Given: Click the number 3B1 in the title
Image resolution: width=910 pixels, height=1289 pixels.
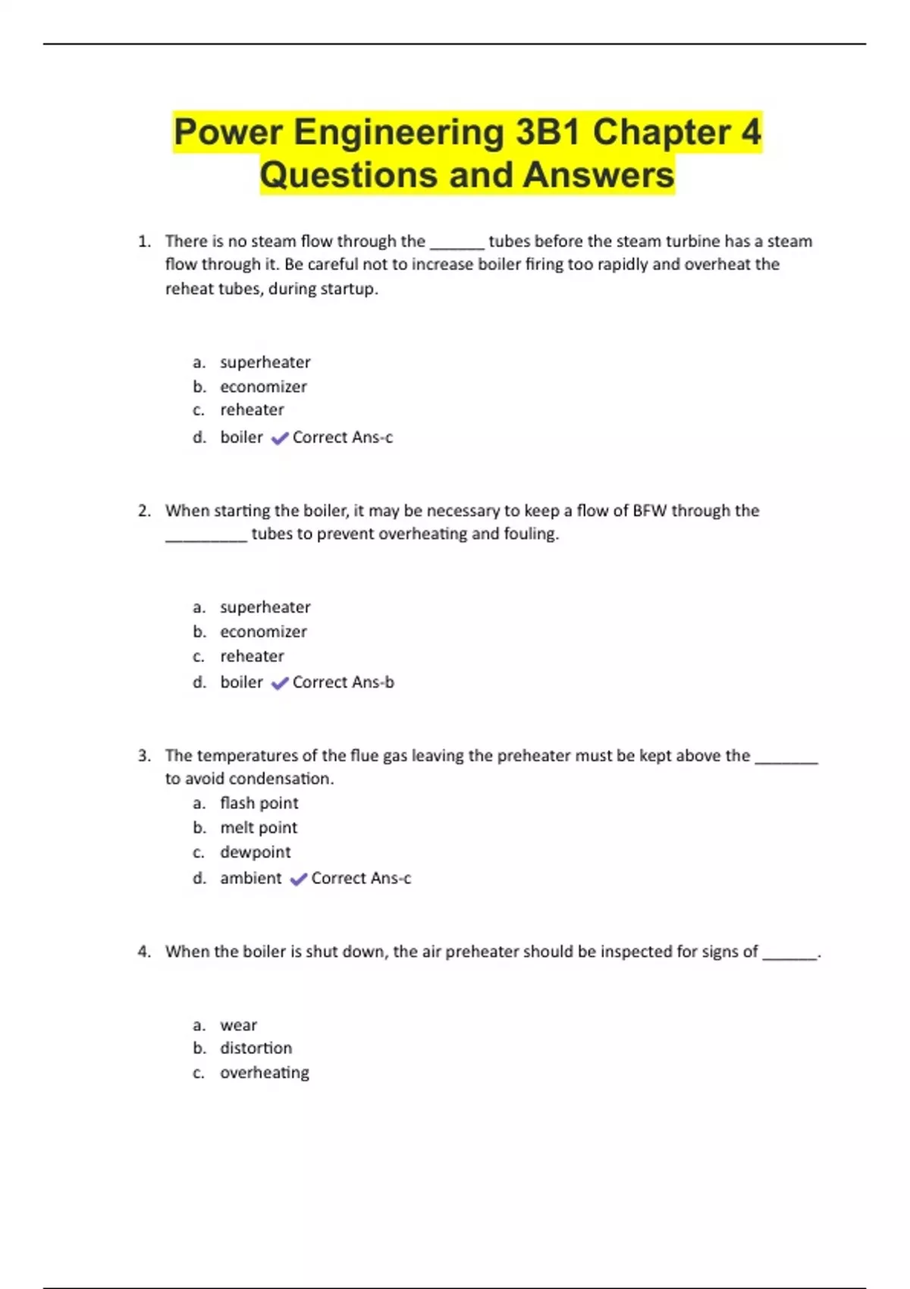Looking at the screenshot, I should pyautogui.click(x=548, y=132).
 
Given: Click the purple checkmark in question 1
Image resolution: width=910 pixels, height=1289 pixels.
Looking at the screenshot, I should pyautogui.click(x=280, y=438).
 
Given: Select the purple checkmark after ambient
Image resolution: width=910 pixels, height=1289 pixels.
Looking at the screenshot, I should pyautogui.click(x=298, y=879).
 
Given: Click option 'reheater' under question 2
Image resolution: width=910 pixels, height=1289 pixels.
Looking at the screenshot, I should pyautogui.click(x=252, y=656).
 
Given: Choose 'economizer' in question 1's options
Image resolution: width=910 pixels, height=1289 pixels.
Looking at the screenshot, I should pyautogui.click(x=263, y=387).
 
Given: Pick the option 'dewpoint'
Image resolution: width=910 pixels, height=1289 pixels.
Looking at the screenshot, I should pyautogui.click(x=255, y=852).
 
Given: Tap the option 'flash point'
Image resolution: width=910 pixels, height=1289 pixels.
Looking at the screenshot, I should pyautogui.click(x=259, y=803).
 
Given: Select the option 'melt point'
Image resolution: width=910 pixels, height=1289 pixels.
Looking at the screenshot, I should pyautogui.click(x=259, y=828).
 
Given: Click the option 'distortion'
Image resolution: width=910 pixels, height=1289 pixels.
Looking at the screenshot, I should pyautogui.click(x=256, y=1048).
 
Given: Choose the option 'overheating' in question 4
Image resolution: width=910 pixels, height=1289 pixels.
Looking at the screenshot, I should pyautogui.click(x=264, y=1073).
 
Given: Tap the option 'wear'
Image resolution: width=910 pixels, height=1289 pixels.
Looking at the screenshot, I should pyautogui.click(x=238, y=1025).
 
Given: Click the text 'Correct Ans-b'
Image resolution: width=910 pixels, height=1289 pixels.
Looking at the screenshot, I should pyautogui.click(x=343, y=682).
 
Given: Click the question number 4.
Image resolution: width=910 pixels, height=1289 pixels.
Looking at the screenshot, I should pyautogui.click(x=143, y=952).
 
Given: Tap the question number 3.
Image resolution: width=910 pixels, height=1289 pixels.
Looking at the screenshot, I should pyautogui.click(x=143, y=756).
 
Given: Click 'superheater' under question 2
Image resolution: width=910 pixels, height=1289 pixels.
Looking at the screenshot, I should pyautogui.click(x=265, y=607).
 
